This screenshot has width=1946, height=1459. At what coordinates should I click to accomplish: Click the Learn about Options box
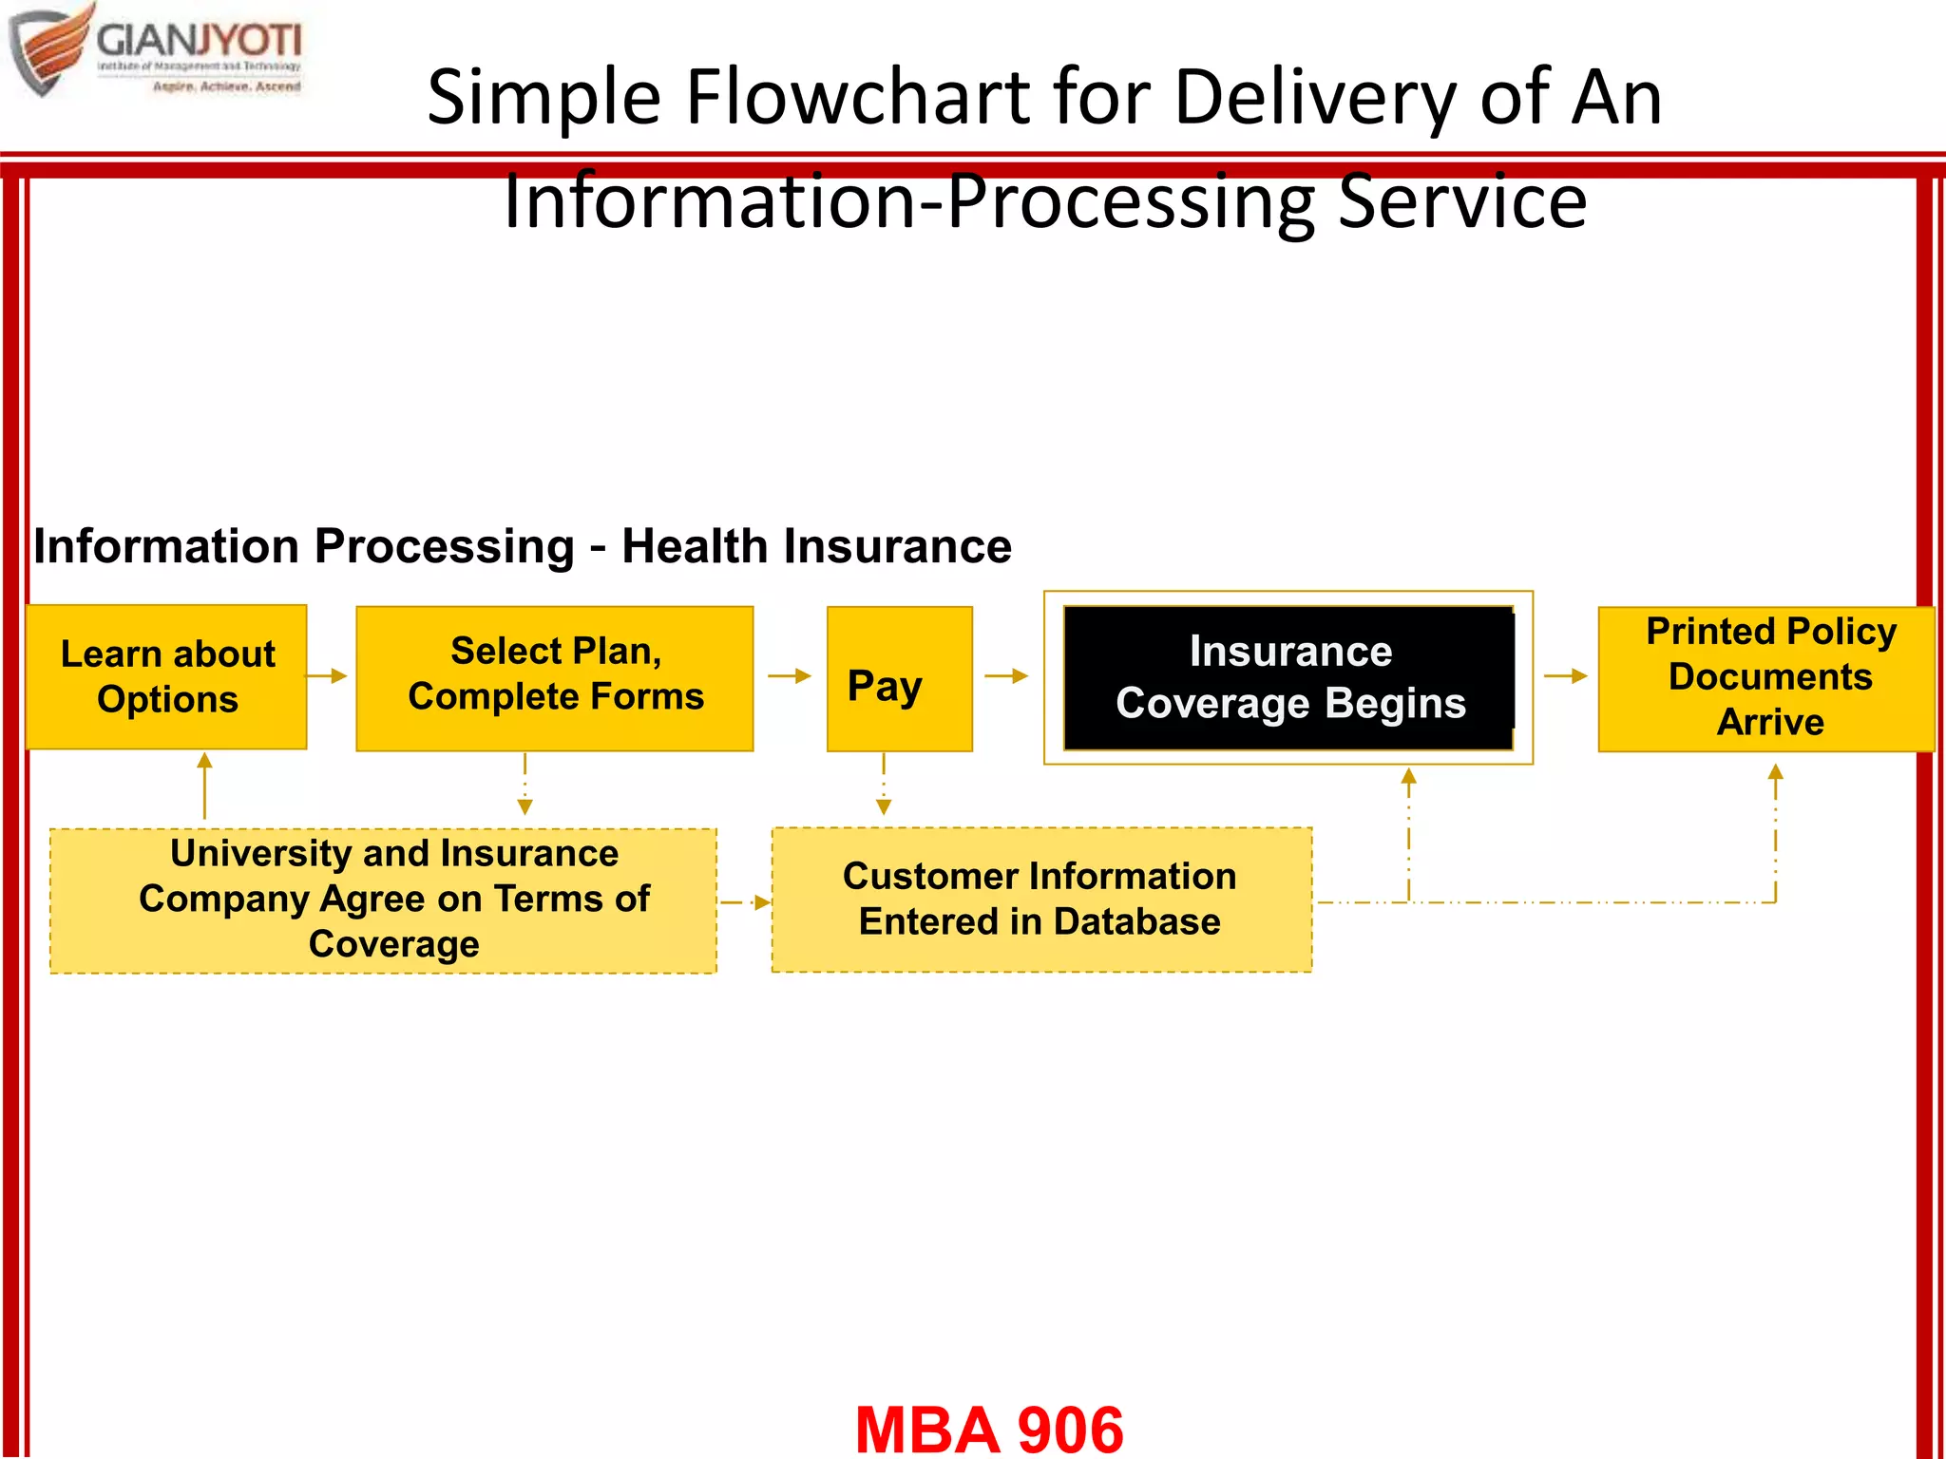point(166,676)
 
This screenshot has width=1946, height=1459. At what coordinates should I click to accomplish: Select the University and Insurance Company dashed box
point(383,900)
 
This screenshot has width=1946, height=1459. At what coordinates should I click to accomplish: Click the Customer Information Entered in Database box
point(1041,900)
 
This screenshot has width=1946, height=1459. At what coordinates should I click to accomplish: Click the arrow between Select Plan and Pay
point(790,675)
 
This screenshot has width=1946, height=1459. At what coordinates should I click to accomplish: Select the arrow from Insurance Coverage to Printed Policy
point(1566,675)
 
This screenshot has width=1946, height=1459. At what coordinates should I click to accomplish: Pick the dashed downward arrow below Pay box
point(884,785)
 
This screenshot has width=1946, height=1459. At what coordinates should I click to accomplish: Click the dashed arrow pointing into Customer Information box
point(745,902)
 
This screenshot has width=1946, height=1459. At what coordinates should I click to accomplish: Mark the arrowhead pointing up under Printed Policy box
point(1775,772)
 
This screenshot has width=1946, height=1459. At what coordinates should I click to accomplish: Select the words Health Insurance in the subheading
point(816,546)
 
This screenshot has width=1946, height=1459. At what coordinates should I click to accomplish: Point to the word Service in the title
point(1462,201)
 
